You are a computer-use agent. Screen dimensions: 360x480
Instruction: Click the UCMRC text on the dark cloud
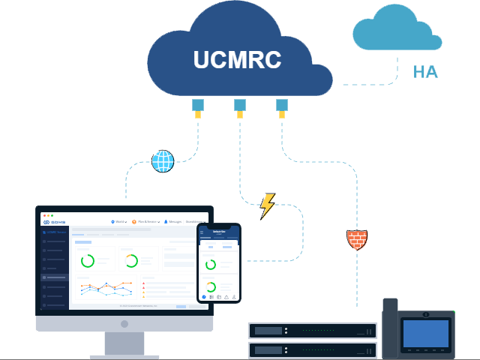[x=237, y=60]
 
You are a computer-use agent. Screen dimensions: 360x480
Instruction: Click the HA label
[x=425, y=72]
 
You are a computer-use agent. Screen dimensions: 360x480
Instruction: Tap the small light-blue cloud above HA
[x=396, y=30]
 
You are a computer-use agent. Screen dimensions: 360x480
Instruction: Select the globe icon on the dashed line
[x=163, y=161]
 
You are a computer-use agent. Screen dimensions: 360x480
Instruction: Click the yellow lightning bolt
[x=267, y=206]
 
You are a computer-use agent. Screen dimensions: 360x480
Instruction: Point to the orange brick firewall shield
[x=357, y=239]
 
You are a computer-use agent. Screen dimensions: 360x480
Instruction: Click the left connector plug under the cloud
[x=198, y=108]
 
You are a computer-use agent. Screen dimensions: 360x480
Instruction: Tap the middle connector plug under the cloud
[x=240, y=108]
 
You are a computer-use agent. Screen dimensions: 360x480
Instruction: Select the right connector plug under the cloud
[x=282, y=108]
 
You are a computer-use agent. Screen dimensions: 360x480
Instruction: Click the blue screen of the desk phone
[x=425, y=333]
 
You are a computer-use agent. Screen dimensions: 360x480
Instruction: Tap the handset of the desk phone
[x=390, y=328]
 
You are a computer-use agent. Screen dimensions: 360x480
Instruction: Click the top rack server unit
[x=313, y=331]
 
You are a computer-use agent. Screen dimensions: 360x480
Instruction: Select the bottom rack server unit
[x=313, y=350]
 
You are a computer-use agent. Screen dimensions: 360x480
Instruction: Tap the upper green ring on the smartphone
[x=211, y=264]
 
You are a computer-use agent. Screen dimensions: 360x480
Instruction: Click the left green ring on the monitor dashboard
[x=88, y=261]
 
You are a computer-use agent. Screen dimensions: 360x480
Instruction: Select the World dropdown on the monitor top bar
[x=119, y=222]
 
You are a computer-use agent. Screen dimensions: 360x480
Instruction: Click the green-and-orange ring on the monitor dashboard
[x=131, y=261]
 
